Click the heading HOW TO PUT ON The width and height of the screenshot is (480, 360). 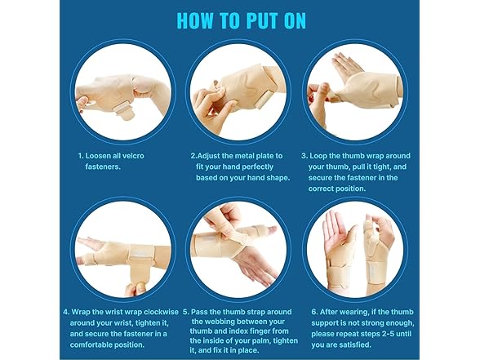click(x=239, y=19)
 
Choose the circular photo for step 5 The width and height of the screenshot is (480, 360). click(x=238, y=247)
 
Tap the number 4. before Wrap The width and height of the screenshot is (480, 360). click(x=66, y=311)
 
